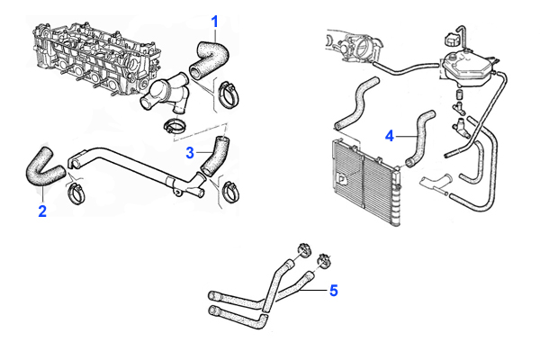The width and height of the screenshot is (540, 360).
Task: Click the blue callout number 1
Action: click(214, 20)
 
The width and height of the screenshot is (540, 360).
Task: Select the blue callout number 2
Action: click(41, 211)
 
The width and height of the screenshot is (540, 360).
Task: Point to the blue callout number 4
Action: click(389, 136)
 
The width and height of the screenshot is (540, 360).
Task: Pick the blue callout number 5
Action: click(332, 291)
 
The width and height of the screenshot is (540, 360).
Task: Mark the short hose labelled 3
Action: click(216, 154)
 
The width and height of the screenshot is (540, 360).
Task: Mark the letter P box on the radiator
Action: click(343, 178)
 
